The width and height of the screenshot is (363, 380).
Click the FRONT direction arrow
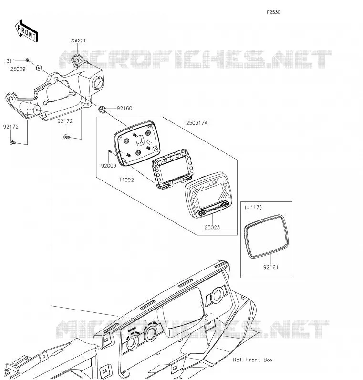[27, 31]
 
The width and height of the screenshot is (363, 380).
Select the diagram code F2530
[273, 12]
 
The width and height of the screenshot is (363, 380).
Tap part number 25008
[78, 41]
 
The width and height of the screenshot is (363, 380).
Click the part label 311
[10, 61]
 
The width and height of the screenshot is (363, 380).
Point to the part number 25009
[18, 69]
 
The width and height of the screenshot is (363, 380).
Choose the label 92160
[124, 108]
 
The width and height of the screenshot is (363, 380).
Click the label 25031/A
[197, 123]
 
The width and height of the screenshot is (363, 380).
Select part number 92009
[109, 166]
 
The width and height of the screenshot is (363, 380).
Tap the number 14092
[126, 180]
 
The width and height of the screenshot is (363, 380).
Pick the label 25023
[212, 227]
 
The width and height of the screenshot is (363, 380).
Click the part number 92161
[271, 267]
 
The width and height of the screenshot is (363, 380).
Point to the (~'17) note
[253, 208]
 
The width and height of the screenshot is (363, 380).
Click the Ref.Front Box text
[253, 360]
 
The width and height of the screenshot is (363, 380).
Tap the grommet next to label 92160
[102, 110]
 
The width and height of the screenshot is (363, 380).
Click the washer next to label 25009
[39, 68]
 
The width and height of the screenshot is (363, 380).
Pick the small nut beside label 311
[28, 60]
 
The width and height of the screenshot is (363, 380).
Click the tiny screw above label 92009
[109, 151]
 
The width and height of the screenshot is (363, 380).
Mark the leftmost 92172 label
[11, 127]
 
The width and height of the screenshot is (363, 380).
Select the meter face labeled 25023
[208, 195]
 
